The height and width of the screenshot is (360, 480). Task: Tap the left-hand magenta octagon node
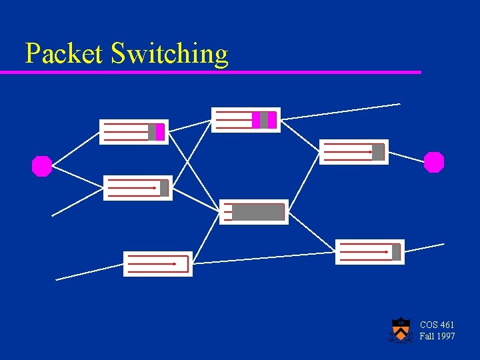tap(42, 166)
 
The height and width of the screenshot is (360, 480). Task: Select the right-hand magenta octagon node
tap(434, 162)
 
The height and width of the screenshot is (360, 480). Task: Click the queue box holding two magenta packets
tap(245, 120)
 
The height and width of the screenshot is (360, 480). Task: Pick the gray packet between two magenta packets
tap(264, 120)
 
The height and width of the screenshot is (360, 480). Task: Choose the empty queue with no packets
tap(158, 264)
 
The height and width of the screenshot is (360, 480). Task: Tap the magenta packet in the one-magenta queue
tap(160, 132)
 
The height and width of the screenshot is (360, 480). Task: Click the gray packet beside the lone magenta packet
tap(152, 132)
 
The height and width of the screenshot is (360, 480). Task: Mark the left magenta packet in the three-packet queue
tap(256, 120)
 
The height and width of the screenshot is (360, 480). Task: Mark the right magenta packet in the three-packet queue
tap(272, 120)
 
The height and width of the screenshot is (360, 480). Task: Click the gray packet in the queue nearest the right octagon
tap(378, 152)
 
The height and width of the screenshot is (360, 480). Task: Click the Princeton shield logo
tap(400, 329)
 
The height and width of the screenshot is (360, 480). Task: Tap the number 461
tap(447, 325)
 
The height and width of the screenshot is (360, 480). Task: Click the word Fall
tap(427, 336)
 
